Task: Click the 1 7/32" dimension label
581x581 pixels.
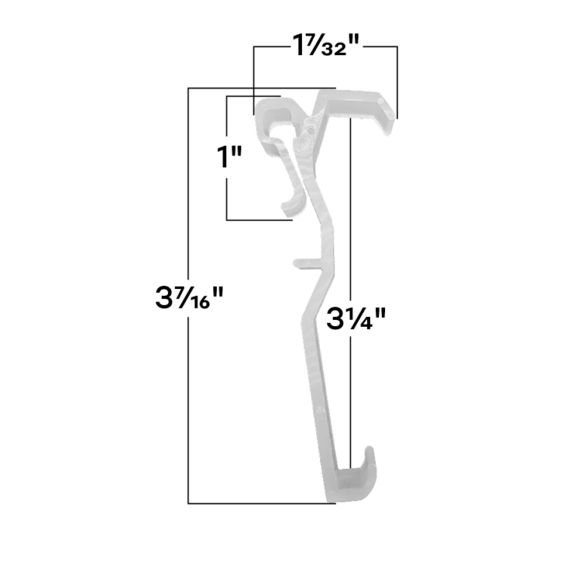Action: coord(326,45)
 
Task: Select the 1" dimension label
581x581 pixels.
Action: coord(230,157)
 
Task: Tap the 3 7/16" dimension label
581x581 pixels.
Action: coord(189,297)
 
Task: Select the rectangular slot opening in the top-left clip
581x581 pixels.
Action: coord(279,113)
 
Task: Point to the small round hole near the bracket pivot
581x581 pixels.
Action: coord(309,131)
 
